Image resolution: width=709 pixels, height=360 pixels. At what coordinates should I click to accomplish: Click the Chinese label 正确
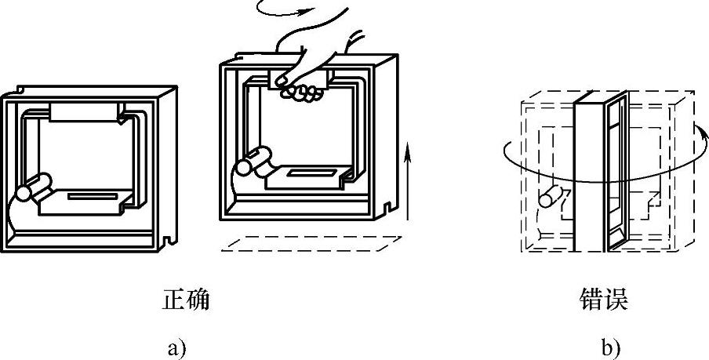[186, 300]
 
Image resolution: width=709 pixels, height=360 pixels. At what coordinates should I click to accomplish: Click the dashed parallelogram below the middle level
[307, 243]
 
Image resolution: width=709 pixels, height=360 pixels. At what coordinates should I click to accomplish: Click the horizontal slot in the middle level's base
[311, 171]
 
